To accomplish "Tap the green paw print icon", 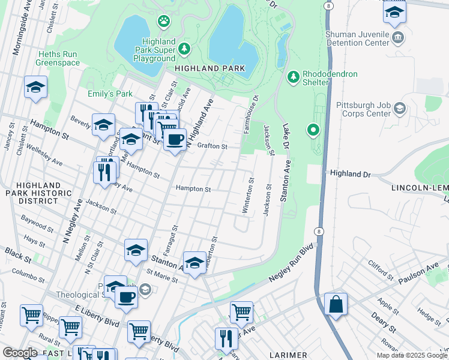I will coord(164,22).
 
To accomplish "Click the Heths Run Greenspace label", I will coord(58,58).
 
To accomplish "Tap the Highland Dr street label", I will coord(350,173).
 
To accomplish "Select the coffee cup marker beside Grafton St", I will coord(175,140).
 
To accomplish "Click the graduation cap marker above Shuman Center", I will coord(394,12).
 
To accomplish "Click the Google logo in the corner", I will coord(20,353).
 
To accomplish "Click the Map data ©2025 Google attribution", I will coord(412,355).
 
